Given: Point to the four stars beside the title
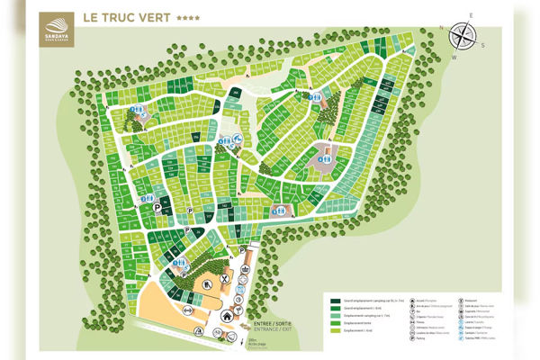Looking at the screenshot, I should click(189, 18).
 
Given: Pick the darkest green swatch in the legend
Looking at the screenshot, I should click(336, 301).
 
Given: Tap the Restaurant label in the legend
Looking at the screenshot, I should click(472, 300).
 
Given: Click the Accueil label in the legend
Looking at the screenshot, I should click(422, 300).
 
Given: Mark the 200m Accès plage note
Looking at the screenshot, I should click(256, 345).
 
